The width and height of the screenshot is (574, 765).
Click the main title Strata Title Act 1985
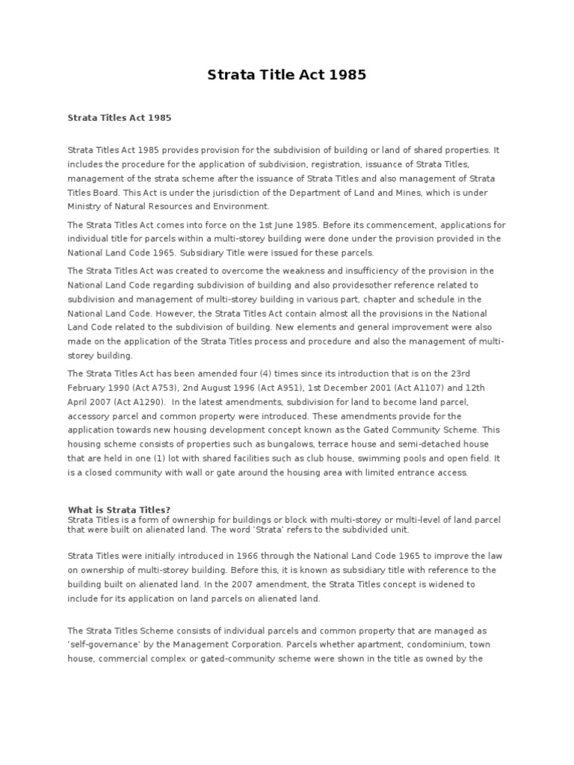286,75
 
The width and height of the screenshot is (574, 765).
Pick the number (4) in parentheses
258,374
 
